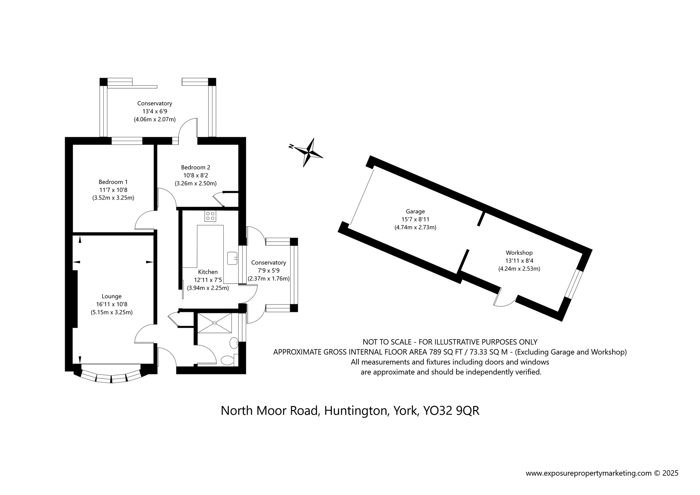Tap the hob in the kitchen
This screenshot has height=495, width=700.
pos(210,216)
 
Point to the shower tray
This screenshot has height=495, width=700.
pos(215,323)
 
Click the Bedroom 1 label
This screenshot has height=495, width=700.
pos(113,182)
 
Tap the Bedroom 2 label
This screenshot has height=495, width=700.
pos(196,167)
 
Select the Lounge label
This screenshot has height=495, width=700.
pos(112,297)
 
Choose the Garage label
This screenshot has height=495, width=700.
pos(415,211)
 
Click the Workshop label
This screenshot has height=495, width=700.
pos(519,253)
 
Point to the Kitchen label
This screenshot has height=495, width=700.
pos(208,272)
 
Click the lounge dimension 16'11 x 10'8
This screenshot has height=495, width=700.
pos(112,305)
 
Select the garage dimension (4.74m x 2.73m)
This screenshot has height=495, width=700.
pos(415,228)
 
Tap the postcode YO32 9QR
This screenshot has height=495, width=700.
pos(451,411)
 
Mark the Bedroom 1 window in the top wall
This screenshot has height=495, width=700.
pos(127,141)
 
